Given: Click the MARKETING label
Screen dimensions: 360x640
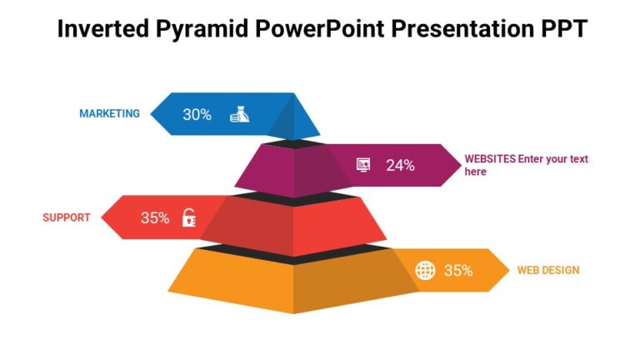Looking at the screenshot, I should (x=109, y=114).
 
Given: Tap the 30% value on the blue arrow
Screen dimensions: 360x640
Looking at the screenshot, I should (x=197, y=115).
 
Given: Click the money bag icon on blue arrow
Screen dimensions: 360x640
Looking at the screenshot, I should (x=239, y=115).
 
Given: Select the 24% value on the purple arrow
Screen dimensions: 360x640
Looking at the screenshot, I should (x=400, y=165).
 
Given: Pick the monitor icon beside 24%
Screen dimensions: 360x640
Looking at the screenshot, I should (x=363, y=165).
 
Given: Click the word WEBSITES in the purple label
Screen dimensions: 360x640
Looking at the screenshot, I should (x=489, y=159).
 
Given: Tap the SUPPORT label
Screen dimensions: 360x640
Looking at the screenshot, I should (x=66, y=218).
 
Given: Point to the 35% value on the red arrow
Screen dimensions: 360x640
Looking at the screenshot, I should (x=155, y=218).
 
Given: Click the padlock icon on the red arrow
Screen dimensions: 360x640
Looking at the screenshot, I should (x=189, y=218).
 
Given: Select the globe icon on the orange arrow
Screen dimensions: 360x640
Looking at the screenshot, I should (x=425, y=270).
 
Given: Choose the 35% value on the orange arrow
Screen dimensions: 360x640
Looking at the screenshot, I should (x=458, y=270).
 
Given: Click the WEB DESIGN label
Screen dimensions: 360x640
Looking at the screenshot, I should (x=547, y=270).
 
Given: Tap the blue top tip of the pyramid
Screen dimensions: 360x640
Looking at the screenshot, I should (x=294, y=117).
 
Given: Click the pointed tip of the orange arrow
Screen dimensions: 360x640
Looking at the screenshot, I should (x=507, y=270).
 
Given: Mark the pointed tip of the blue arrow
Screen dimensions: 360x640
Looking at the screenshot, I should (x=152, y=114).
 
